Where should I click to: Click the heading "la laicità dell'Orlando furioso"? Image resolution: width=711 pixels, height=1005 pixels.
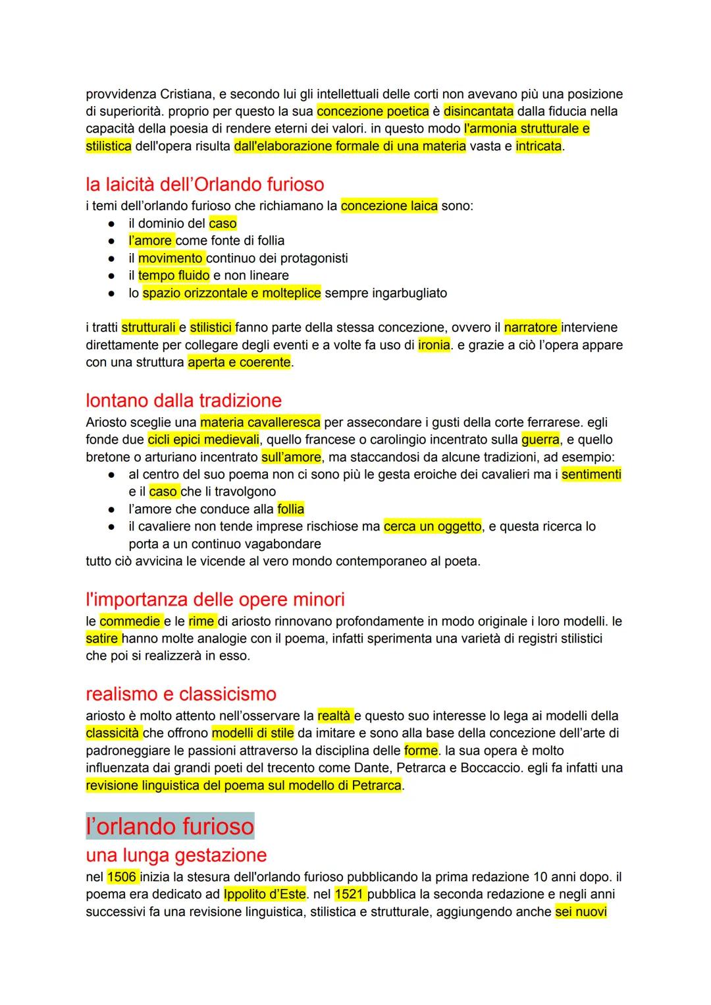[x=205, y=184]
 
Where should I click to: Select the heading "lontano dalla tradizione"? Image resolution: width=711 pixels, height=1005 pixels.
[x=184, y=400]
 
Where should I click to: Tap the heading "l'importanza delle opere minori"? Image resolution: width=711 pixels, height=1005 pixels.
[x=215, y=599]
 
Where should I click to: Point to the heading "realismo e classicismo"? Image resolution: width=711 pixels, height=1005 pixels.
[x=181, y=693]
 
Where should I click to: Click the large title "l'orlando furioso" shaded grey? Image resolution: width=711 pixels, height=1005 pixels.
[x=170, y=826]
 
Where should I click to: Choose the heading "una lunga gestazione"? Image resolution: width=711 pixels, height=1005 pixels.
[x=176, y=855]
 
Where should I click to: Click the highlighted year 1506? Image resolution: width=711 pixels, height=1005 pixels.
[x=122, y=876]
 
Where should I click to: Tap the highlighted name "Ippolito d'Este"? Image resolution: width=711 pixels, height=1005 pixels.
[x=265, y=894]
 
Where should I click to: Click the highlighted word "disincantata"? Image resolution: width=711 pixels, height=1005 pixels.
[x=479, y=111]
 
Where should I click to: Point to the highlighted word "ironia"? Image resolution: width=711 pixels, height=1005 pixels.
[x=434, y=345]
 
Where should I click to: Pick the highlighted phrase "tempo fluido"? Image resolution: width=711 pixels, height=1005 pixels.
[x=174, y=275]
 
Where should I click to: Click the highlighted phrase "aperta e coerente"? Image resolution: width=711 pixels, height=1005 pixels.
[x=239, y=362]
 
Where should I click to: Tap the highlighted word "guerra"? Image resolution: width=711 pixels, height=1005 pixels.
[x=540, y=440]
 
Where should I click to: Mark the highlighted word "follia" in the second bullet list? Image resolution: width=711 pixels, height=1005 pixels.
[x=291, y=509]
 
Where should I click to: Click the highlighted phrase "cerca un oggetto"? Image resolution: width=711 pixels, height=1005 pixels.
[x=433, y=527]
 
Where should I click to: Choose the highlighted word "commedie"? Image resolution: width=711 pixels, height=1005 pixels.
[x=130, y=621]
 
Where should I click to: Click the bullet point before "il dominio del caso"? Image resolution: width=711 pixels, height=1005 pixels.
[x=113, y=223]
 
